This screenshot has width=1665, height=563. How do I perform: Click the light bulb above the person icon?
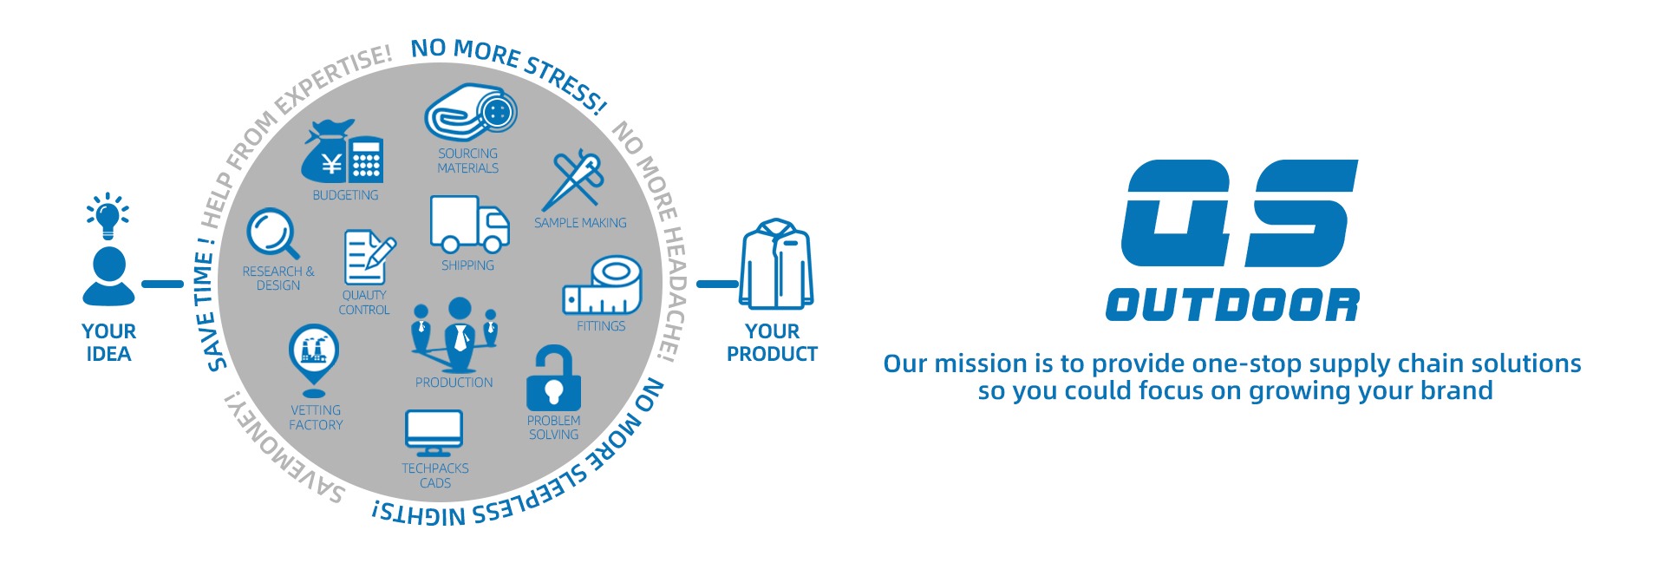[108, 216]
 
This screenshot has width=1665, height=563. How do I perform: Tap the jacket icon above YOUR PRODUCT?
[776, 264]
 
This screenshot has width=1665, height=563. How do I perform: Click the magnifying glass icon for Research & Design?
[273, 233]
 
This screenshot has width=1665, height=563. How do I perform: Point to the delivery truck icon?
[469, 224]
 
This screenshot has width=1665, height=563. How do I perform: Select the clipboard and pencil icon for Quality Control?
[369, 257]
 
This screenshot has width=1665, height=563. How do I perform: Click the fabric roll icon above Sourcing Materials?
[471, 112]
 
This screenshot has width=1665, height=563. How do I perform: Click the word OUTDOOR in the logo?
[1232, 305]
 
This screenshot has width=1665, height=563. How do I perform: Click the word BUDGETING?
[345, 195]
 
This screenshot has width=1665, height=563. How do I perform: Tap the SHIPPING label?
[467, 265]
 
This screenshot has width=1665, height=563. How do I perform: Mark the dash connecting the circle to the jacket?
[717, 284]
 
